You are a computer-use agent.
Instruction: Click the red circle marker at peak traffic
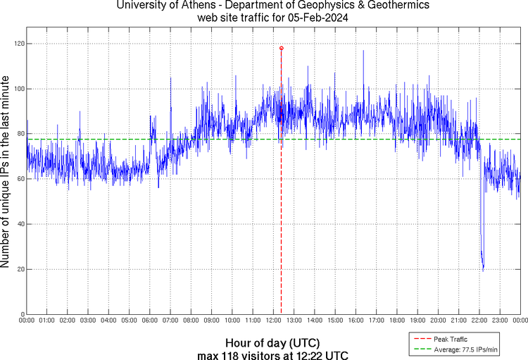281,48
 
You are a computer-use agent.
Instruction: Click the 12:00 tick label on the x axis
273,321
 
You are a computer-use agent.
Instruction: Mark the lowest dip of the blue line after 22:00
483,269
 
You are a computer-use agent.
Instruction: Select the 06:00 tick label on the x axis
150,321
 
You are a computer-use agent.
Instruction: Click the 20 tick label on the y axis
19,269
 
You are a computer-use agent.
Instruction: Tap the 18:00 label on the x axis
397,321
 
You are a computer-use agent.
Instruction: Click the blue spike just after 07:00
170,78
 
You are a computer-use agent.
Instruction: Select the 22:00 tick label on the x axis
479,321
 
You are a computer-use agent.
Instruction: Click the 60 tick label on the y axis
19,179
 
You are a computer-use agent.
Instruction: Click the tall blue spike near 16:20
363,51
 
